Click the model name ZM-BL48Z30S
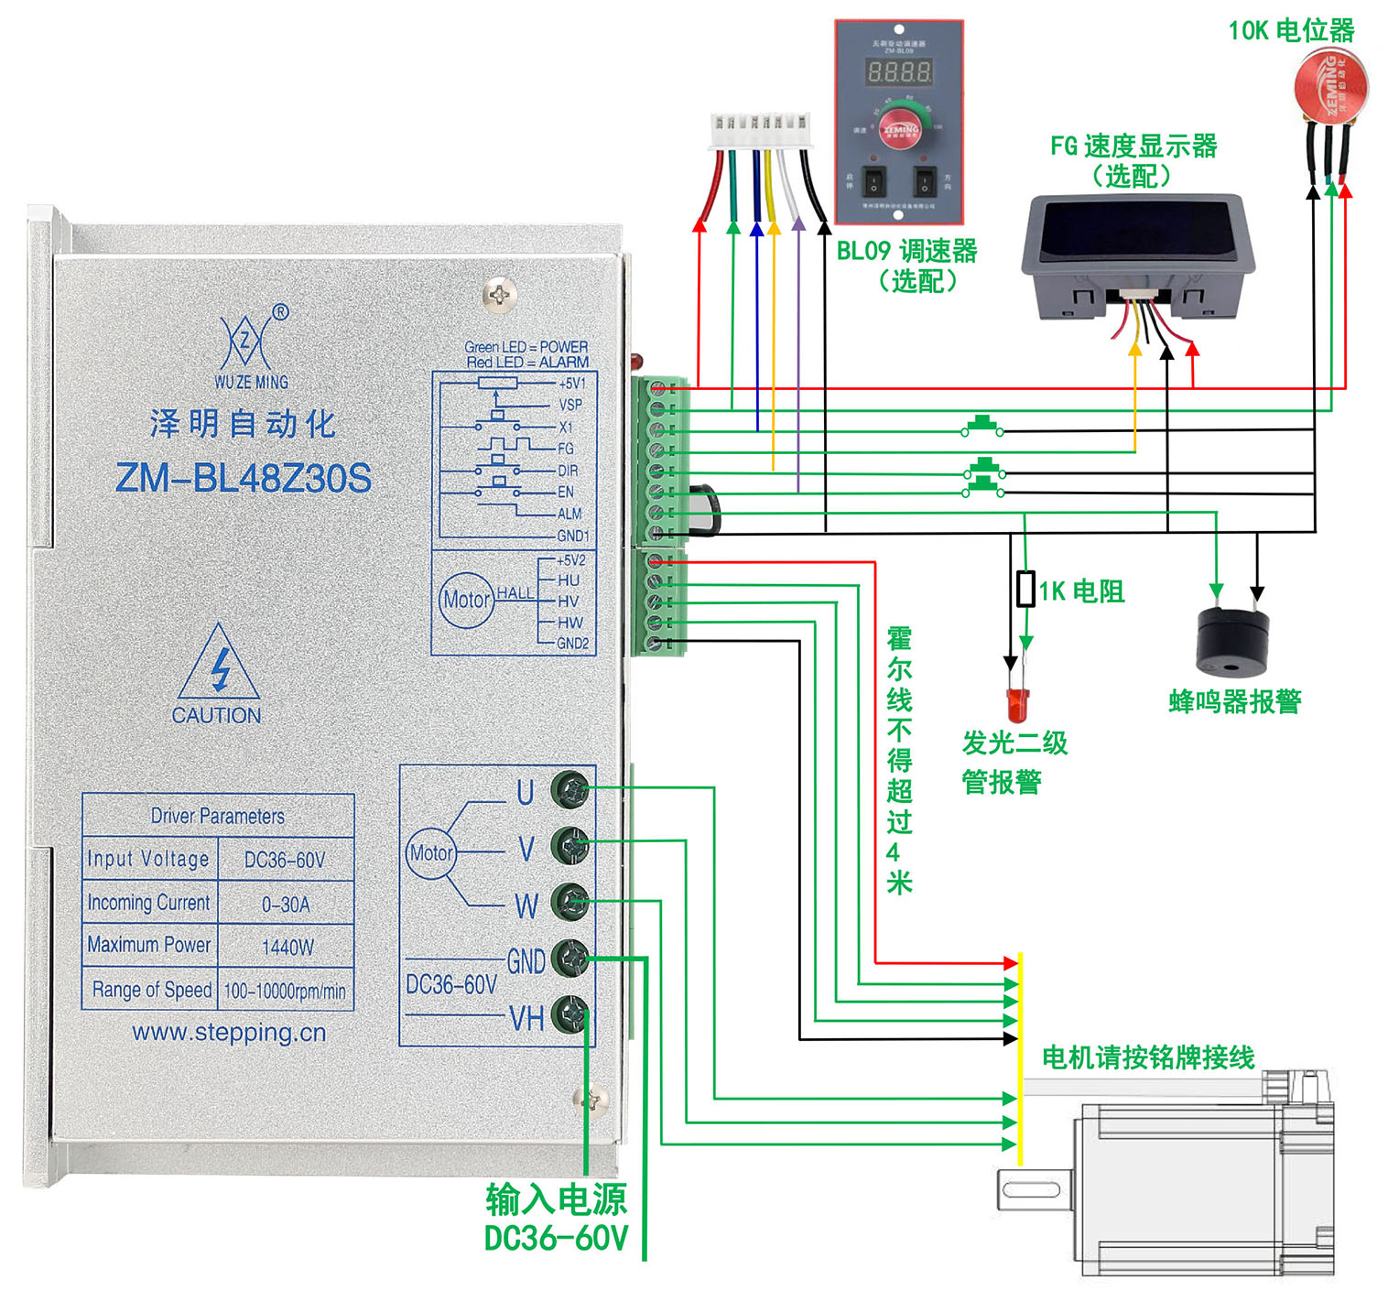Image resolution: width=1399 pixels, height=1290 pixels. (x=244, y=478)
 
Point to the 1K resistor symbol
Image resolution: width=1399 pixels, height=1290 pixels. (x=1026, y=589)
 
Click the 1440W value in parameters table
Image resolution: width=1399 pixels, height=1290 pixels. (x=287, y=947)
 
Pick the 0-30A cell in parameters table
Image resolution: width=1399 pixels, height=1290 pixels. (x=286, y=905)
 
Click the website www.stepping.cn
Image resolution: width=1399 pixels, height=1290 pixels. (x=229, y=1033)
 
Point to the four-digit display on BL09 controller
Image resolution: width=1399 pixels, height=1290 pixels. (x=899, y=71)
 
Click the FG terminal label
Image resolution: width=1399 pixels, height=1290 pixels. (x=566, y=449)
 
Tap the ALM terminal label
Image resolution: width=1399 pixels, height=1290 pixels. (x=569, y=514)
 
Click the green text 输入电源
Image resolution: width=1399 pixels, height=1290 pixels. (x=556, y=1198)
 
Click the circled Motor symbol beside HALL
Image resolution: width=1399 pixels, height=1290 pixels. (x=466, y=600)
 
